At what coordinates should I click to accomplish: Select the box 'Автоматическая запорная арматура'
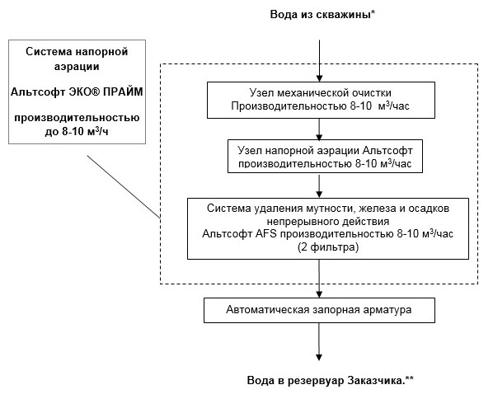coord(318,311)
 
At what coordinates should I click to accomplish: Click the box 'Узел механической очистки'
coord(318,99)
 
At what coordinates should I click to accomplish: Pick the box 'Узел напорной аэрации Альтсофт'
coord(318,153)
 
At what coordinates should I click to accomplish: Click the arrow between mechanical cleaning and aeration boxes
coord(319,127)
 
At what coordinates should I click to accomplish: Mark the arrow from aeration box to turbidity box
coord(319,183)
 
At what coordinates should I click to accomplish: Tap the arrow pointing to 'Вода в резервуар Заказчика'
coord(319,343)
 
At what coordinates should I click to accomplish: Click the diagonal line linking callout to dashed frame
coord(123,185)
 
